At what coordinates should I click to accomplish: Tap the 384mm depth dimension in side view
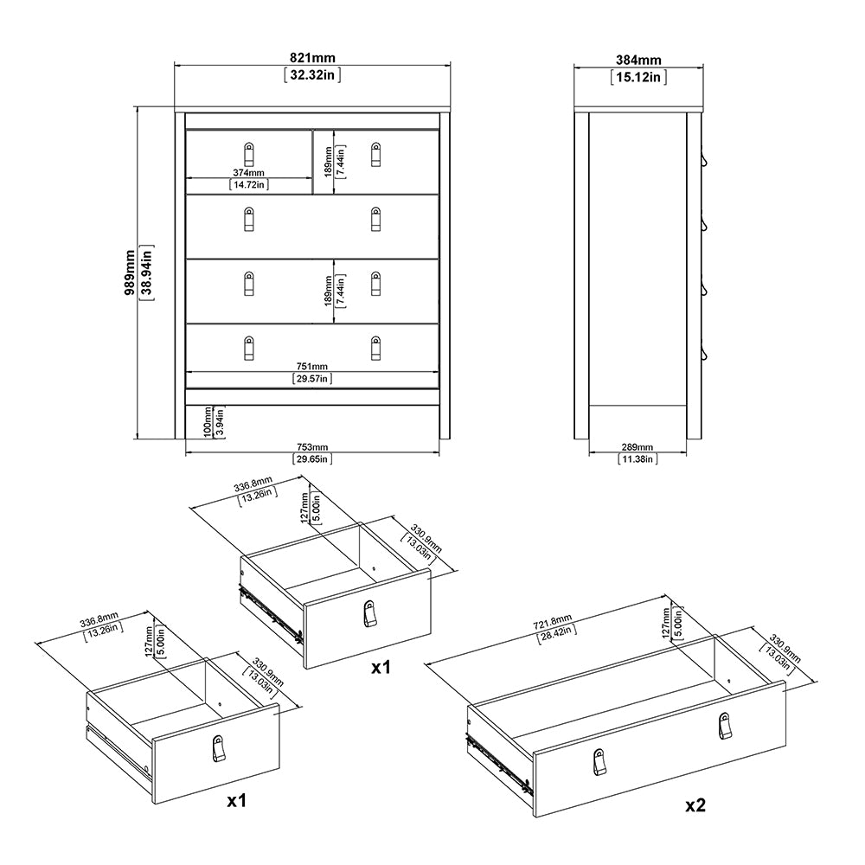(x=638, y=61)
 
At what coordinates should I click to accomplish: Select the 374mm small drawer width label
(x=249, y=172)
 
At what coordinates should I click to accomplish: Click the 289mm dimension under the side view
(x=638, y=447)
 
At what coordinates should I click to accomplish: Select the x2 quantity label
(x=695, y=804)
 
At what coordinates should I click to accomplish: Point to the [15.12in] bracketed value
(x=638, y=76)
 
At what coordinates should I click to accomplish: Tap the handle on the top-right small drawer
(x=375, y=153)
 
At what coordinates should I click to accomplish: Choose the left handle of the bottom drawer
(x=249, y=348)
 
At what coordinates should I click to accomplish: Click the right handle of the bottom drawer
(x=375, y=347)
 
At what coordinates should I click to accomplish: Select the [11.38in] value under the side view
(x=638, y=458)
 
